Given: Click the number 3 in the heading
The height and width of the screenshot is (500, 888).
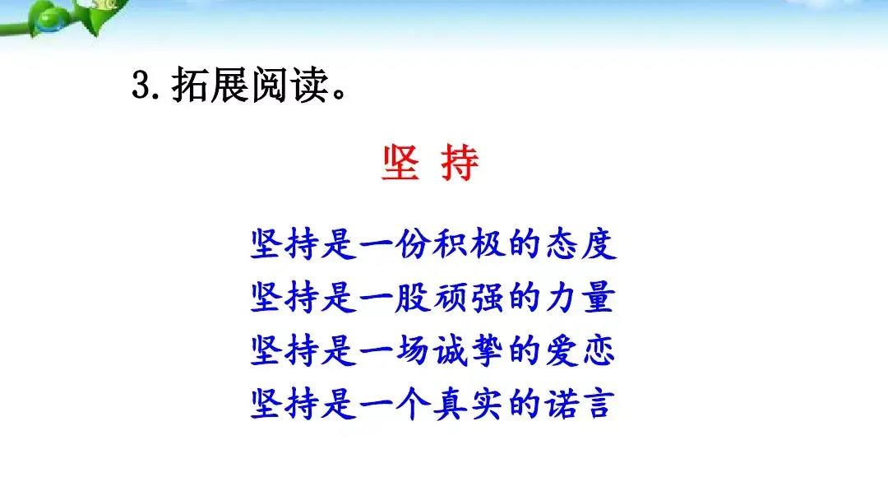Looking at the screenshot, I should click(x=141, y=85).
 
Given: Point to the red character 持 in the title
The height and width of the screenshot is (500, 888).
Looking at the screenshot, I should click(x=460, y=164).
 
